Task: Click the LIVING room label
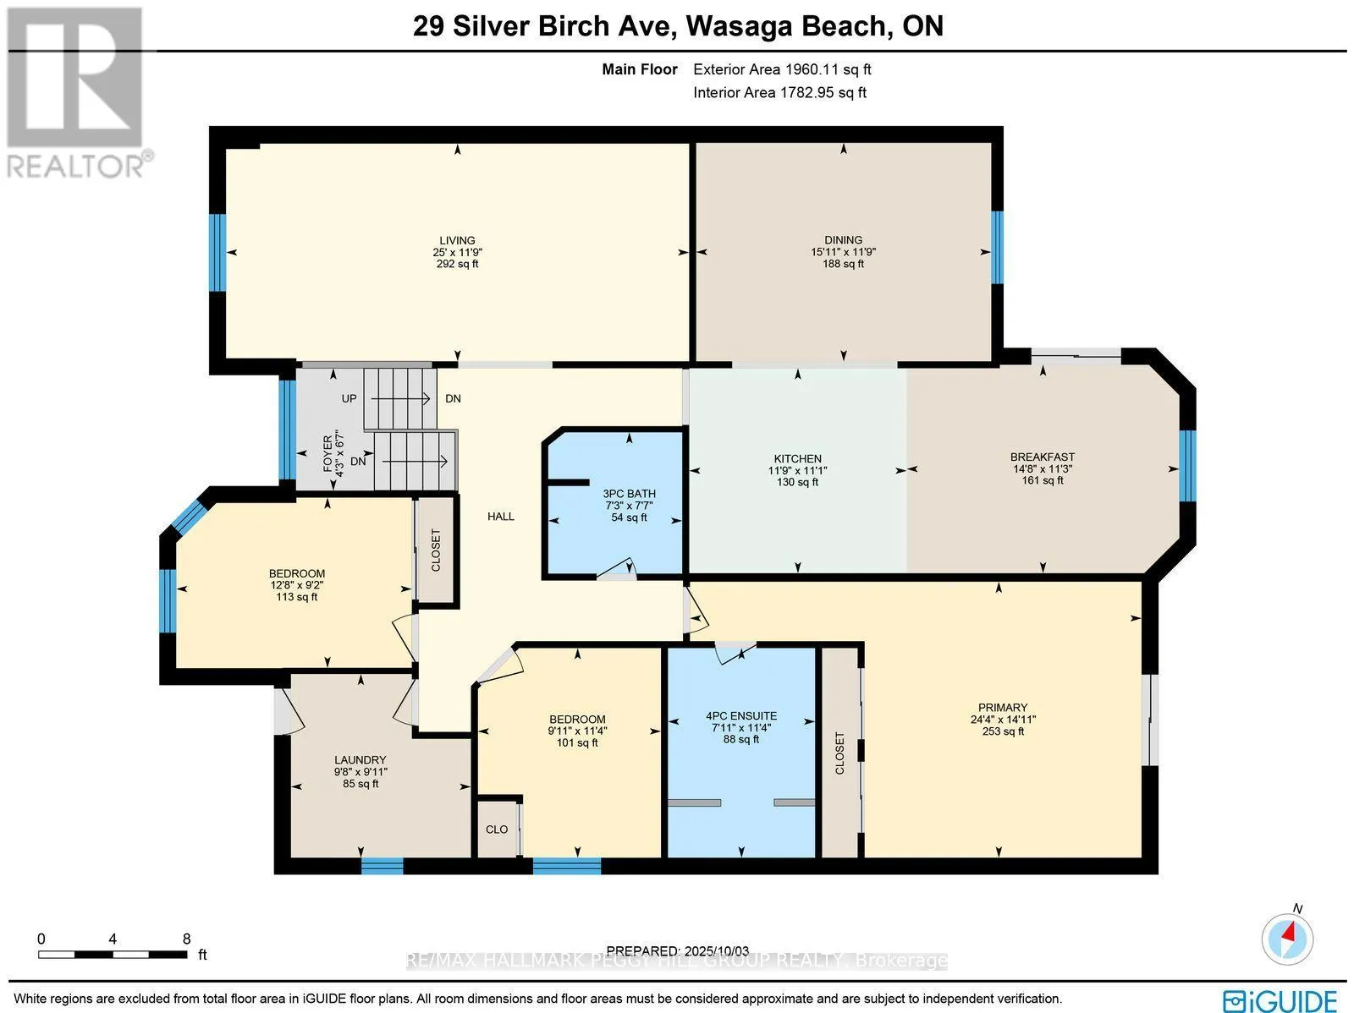457,240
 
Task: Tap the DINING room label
843,239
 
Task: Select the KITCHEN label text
798,458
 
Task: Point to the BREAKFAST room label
1043,457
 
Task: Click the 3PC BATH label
630,494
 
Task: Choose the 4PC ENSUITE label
741,716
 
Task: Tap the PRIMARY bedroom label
1003,708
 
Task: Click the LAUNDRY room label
361,759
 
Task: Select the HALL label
501,517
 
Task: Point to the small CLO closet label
497,830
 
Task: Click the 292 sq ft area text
457,264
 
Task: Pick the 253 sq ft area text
1003,731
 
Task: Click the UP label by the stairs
350,398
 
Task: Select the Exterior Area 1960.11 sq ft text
782,69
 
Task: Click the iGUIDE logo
1280,999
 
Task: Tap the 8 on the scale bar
186,939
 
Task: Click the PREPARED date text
677,951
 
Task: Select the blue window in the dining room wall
997,248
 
